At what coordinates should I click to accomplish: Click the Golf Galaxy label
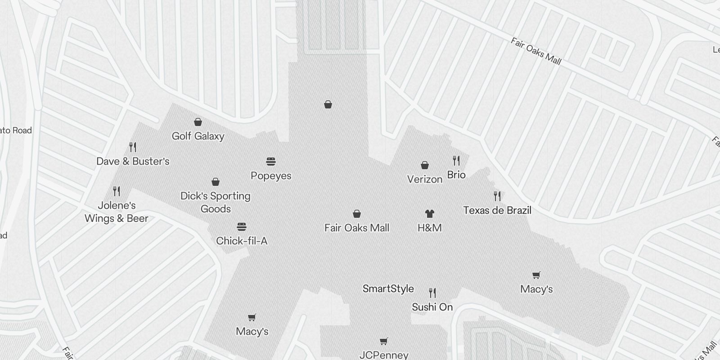point(198,136)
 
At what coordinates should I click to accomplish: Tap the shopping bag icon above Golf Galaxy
point(198,122)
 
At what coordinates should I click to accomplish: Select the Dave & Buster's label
point(133,161)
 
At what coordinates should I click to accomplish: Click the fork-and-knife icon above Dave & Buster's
point(133,147)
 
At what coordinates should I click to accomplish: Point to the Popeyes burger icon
point(271,162)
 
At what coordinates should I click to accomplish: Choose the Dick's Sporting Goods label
point(216,202)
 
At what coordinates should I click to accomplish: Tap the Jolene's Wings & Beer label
point(117,212)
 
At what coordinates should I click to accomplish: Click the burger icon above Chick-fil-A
point(242,227)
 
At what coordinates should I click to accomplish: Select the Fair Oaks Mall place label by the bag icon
point(357,228)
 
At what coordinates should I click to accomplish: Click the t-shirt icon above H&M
point(430,214)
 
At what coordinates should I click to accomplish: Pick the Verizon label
point(425,179)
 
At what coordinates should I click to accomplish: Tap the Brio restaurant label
point(456,175)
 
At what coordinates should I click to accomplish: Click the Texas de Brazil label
point(497,210)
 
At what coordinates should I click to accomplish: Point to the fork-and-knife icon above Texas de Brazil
point(497,196)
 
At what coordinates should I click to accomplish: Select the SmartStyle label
point(388,288)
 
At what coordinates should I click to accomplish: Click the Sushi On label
point(432,307)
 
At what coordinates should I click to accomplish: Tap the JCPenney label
point(384,355)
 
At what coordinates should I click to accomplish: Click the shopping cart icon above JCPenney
point(384,341)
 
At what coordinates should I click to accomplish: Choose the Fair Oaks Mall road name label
point(536,51)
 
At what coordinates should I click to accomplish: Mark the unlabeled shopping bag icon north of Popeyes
point(328,105)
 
